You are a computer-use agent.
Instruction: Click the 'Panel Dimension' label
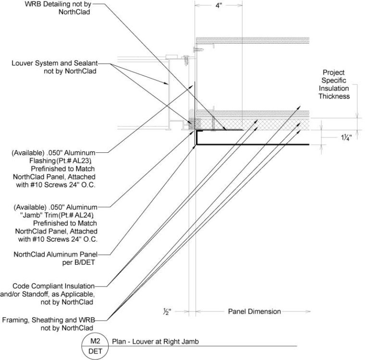click(254, 311)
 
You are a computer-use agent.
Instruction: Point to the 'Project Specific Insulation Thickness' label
click(333, 85)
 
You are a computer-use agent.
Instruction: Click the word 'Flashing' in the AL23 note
click(41, 160)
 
